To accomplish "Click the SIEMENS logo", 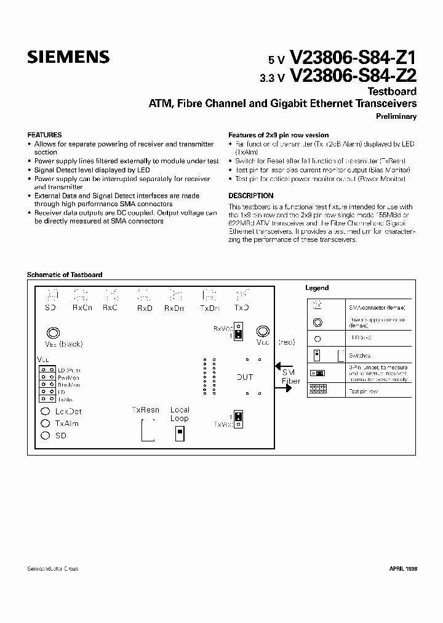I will click(x=68, y=57).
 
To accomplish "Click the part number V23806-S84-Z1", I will click(x=353, y=58).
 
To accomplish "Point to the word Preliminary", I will click(x=396, y=116).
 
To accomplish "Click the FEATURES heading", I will click(x=44, y=135).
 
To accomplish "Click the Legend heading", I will click(x=317, y=287).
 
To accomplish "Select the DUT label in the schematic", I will click(x=245, y=377).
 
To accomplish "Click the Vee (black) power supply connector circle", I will click(x=54, y=333).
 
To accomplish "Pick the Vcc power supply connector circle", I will click(x=263, y=331).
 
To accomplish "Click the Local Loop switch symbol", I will click(x=180, y=435).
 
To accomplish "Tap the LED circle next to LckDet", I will click(x=46, y=411).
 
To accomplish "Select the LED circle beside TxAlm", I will click(x=46, y=424).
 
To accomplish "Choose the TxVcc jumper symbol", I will click(x=239, y=419).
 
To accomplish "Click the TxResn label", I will click(x=145, y=409).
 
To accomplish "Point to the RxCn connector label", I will click(x=82, y=307).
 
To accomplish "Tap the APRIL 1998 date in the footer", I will click(x=403, y=569).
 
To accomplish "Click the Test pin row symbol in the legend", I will click(x=317, y=388).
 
